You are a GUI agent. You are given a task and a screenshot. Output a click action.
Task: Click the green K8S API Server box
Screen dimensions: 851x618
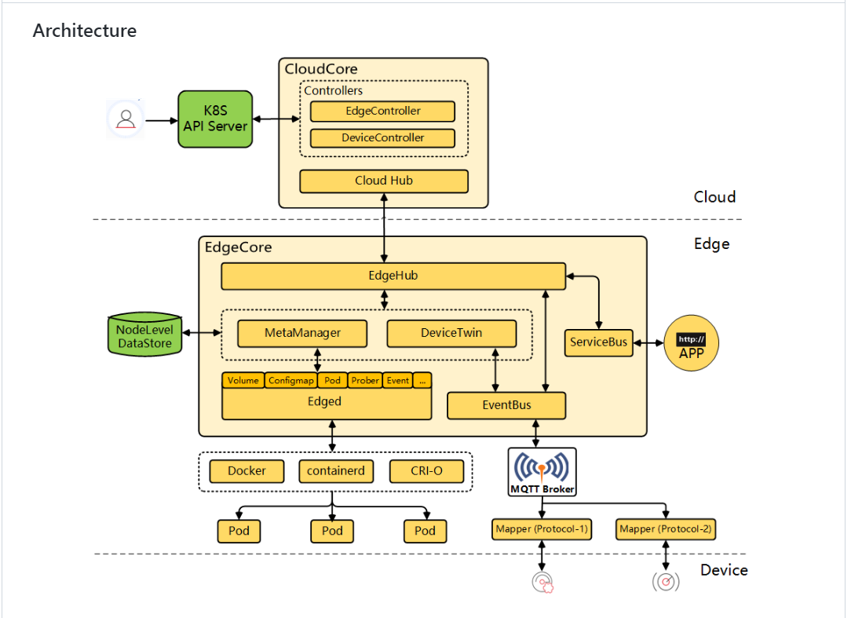215,119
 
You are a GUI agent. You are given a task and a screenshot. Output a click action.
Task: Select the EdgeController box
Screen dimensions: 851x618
382,112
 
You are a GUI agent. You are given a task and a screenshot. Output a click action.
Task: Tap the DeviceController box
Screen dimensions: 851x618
382,138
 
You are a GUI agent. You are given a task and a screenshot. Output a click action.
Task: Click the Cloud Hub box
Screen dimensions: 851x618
384,181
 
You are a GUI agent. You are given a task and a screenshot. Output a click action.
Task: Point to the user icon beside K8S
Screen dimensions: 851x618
126,119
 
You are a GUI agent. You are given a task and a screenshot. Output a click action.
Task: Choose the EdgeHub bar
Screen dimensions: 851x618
393,276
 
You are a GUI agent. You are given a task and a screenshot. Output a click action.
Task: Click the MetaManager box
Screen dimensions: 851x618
302,334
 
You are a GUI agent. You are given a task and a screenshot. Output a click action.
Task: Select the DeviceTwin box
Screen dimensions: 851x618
451,334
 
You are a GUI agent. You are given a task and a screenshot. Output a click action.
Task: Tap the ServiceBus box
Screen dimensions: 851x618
599,342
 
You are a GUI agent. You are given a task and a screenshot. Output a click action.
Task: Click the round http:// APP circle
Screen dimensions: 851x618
692,343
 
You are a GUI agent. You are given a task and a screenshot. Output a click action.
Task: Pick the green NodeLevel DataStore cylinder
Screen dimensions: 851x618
145,334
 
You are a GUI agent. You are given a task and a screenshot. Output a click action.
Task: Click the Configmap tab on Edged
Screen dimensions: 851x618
291,381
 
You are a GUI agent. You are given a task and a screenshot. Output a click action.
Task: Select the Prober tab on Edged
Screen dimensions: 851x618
365,381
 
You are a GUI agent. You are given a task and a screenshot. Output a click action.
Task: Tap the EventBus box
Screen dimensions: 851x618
506,406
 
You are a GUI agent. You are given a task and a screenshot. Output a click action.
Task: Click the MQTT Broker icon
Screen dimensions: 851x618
542,472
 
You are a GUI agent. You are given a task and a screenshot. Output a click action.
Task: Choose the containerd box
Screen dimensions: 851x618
336,471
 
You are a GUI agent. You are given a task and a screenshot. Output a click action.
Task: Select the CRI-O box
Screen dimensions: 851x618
426,471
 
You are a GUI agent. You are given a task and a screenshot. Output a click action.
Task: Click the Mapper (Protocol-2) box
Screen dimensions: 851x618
666,529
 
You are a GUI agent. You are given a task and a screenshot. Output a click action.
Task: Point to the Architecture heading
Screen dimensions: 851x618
85,31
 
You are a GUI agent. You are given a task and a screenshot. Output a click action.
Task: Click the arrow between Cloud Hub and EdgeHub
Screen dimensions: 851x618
384,228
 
